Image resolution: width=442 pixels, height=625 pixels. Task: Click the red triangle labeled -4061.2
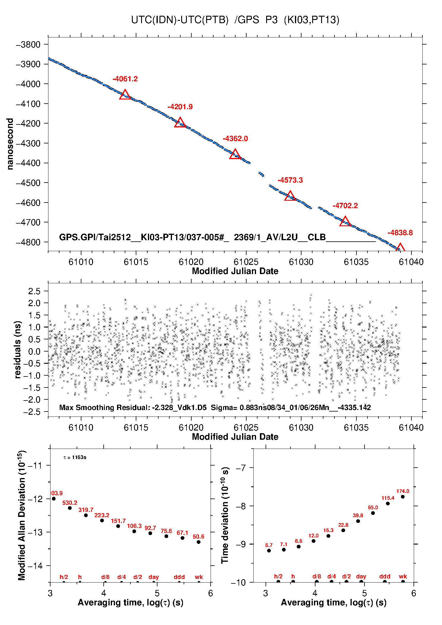pyautogui.click(x=125, y=95)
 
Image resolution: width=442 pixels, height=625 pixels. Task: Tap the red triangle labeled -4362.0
pyautogui.click(x=235, y=154)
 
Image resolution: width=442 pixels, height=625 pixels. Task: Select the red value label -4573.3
pyautogui.click(x=290, y=180)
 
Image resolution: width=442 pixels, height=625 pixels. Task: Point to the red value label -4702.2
pyautogui.click(x=345, y=206)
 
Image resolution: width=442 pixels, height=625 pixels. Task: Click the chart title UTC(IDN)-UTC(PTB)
pyautogui.click(x=180, y=20)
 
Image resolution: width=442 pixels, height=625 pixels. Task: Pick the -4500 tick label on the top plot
pyautogui.click(x=28, y=183)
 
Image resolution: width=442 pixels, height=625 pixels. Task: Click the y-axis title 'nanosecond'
pyautogui.click(x=10, y=144)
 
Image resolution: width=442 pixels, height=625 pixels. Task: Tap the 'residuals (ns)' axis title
pyautogui.click(x=18, y=350)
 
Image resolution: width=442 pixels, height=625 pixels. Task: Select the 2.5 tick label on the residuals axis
pyautogui.click(x=34, y=291)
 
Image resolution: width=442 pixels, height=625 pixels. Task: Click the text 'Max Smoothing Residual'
pyautogui.click(x=104, y=408)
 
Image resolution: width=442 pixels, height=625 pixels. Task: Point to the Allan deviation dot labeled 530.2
pyautogui.click(x=70, y=508)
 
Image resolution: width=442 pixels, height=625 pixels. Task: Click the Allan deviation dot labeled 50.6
pyautogui.click(x=198, y=542)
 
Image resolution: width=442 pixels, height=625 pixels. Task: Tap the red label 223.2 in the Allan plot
pyautogui.click(x=102, y=515)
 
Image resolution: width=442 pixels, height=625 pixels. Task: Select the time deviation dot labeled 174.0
pyautogui.click(x=403, y=497)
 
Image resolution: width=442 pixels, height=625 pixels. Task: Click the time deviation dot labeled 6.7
pyautogui.click(x=269, y=551)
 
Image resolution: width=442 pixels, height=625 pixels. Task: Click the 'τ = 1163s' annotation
pyautogui.click(x=75, y=458)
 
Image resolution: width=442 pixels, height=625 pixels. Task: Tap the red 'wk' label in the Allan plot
pyautogui.click(x=199, y=577)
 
